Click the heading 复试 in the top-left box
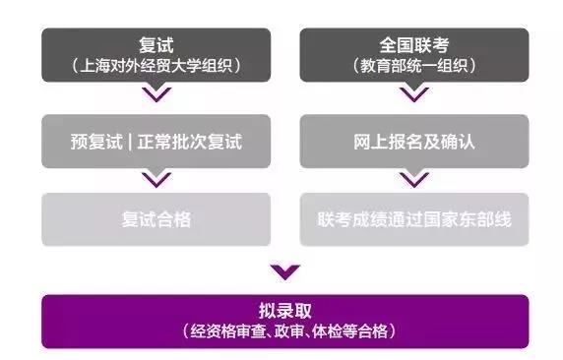(x=156, y=44)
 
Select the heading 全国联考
(x=414, y=44)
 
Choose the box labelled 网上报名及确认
(x=414, y=142)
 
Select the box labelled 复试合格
(x=156, y=219)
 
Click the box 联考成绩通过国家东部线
(x=414, y=219)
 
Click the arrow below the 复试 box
(x=156, y=95)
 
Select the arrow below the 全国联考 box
(x=414, y=95)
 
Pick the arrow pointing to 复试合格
(x=156, y=179)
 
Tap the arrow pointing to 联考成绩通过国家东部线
(x=414, y=179)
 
